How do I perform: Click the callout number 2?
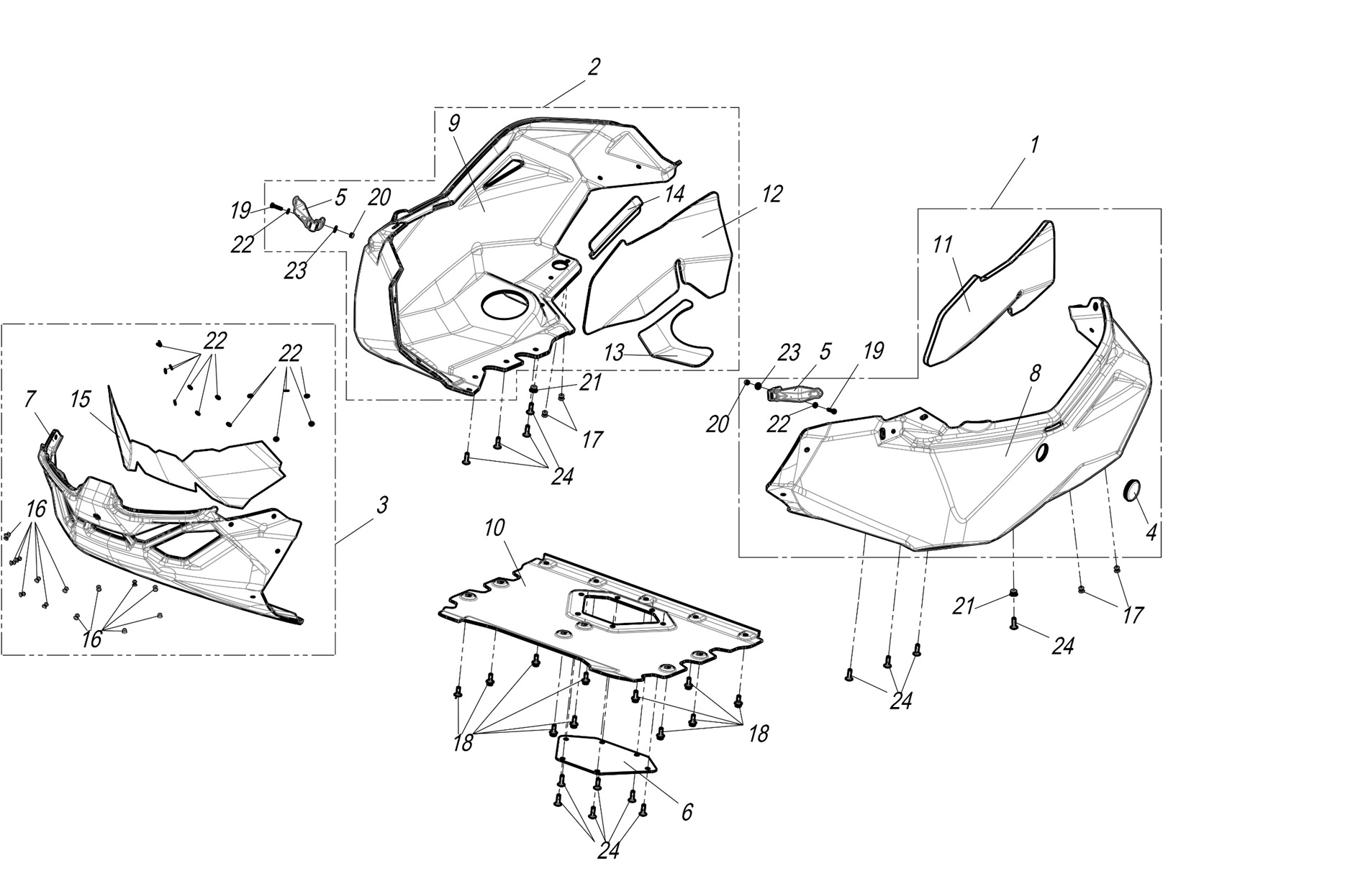594,68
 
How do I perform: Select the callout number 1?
1034,145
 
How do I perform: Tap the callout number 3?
382,506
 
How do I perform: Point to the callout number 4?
1151,533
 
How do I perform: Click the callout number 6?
687,812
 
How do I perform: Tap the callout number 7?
30,399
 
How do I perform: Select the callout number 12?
772,193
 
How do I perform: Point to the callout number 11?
943,245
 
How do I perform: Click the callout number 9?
453,123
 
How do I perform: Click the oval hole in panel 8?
1041,454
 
